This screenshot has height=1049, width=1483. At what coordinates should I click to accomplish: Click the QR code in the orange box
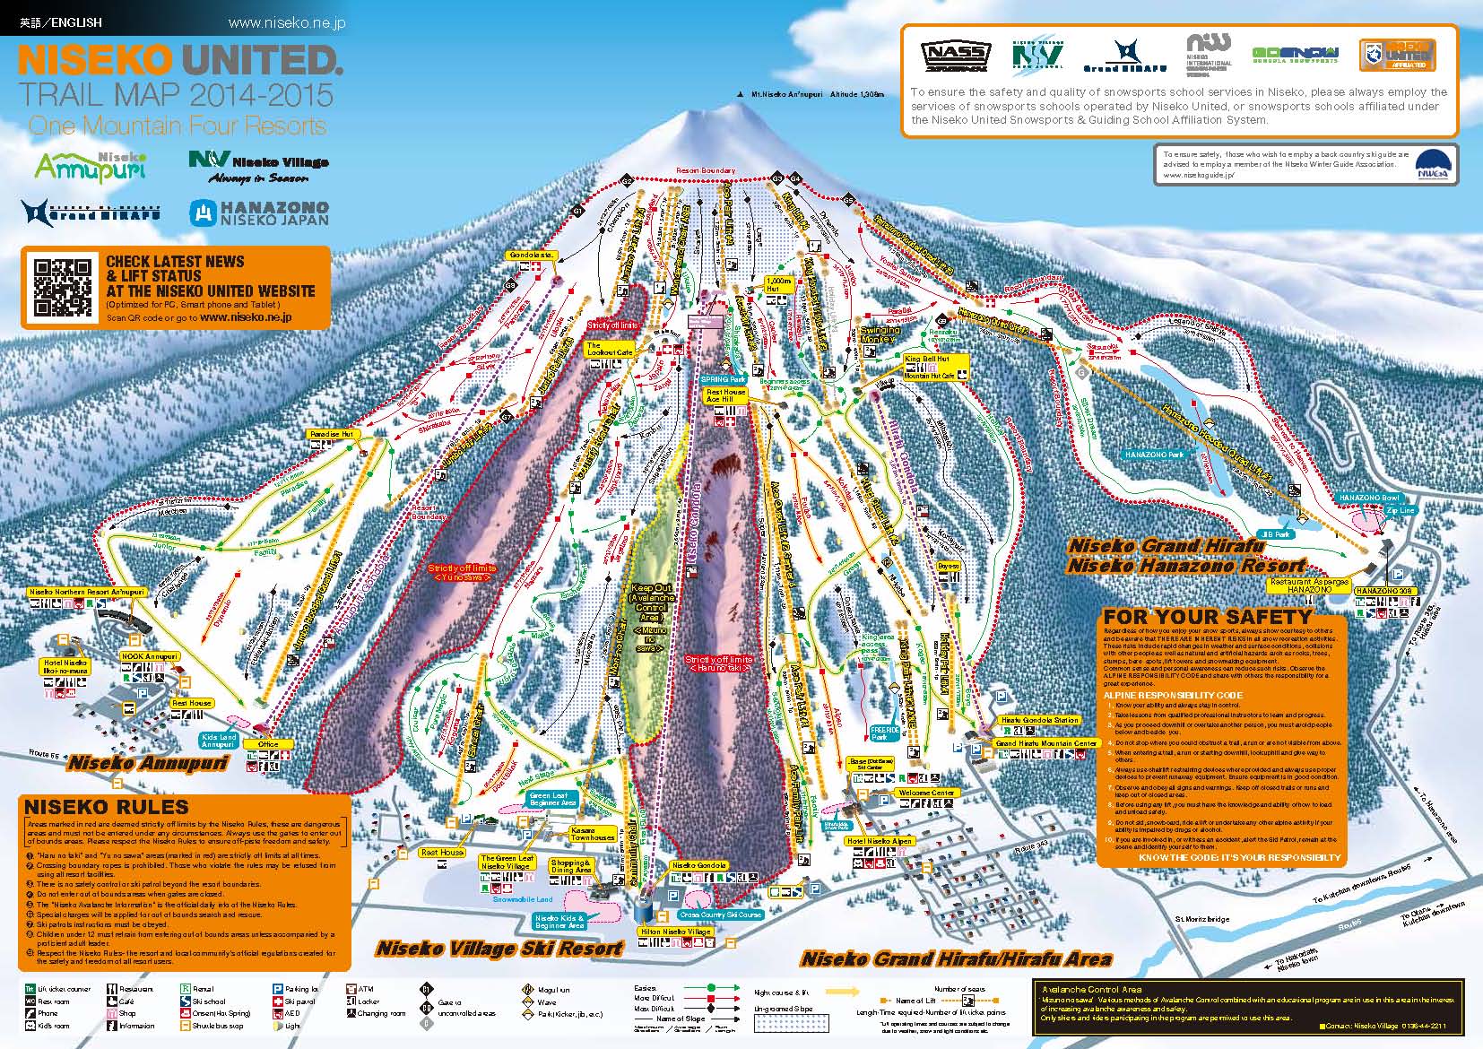point(62,287)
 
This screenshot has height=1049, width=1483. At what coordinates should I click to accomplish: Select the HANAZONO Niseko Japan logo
point(259,213)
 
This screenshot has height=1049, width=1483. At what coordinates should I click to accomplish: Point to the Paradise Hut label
point(333,434)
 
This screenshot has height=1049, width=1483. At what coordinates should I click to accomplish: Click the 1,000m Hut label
point(778,284)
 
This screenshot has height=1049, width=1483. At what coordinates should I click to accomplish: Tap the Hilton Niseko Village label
point(675,932)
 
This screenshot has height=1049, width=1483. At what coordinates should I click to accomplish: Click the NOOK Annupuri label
point(150,656)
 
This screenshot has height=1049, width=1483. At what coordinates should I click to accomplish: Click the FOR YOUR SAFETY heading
point(1206,617)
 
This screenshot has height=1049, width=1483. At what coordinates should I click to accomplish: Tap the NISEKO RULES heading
point(107,807)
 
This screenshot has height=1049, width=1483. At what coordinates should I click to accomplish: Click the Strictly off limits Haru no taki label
point(720,664)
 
